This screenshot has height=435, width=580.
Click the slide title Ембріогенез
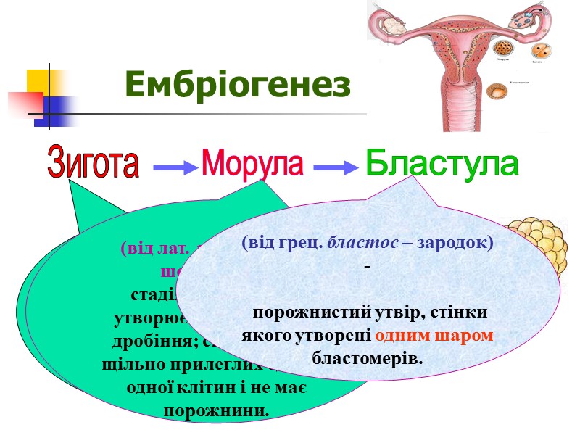point(238,85)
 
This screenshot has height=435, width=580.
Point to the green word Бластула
point(442,164)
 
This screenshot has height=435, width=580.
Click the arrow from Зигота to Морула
point(176,168)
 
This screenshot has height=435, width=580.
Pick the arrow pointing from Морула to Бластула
point(336,168)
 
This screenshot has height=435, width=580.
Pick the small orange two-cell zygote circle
point(540,51)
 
